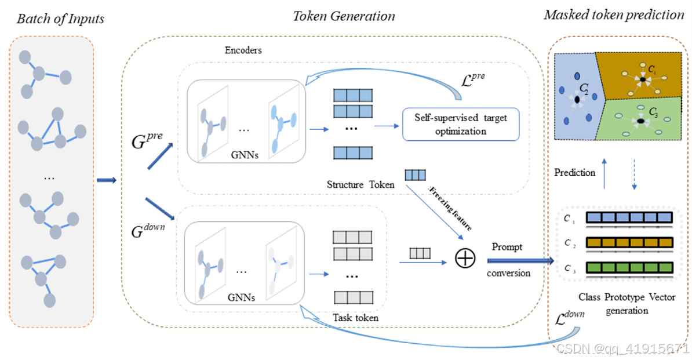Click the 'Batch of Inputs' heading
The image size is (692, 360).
point(60,19)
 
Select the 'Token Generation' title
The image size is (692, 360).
point(344,16)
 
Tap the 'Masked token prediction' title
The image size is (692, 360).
point(614,14)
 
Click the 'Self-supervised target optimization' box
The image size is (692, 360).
point(460,123)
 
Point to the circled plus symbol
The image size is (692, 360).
point(464,259)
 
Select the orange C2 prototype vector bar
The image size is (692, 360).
point(629,243)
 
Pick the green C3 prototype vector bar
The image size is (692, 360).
point(629,268)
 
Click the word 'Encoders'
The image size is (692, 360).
point(243,50)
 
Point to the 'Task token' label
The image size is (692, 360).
point(355,317)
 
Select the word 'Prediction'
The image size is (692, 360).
point(574,172)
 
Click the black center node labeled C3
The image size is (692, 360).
point(639,121)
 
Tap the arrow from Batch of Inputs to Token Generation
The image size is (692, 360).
point(106,180)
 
